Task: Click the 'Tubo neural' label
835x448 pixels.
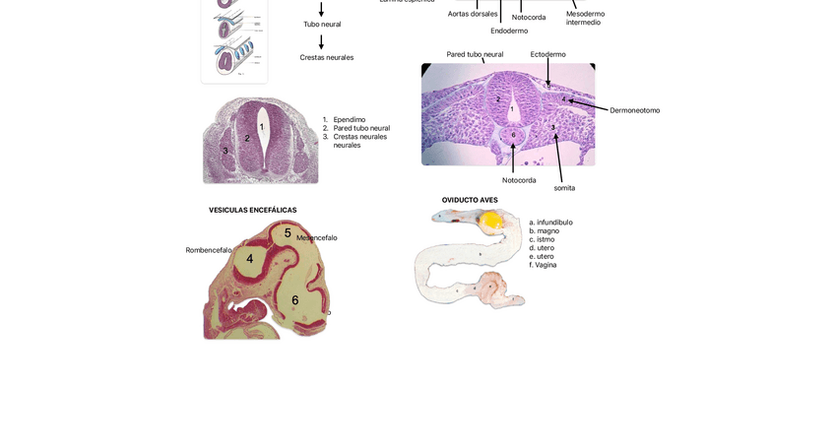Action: (x=322, y=24)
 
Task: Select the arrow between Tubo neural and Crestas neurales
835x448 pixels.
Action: (x=321, y=41)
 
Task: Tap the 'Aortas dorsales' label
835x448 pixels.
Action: (x=473, y=14)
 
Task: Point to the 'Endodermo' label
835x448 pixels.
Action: (x=509, y=31)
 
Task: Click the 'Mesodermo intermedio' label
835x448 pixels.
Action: (x=585, y=18)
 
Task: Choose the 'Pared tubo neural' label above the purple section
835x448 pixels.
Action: (x=475, y=54)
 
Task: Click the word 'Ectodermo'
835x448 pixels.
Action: (x=547, y=54)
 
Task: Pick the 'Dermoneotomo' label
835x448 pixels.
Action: (x=634, y=110)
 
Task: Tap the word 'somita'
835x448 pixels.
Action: (x=564, y=187)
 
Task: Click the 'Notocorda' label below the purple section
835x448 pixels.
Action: (x=519, y=180)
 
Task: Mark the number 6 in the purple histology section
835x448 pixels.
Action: (x=513, y=135)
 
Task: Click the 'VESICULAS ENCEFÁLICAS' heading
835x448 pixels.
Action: (x=252, y=210)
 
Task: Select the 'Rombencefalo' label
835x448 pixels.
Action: (x=209, y=250)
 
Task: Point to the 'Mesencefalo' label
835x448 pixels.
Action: (x=317, y=237)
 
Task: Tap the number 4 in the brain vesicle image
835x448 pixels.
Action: (x=250, y=259)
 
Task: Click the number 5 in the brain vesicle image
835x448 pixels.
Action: (x=288, y=233)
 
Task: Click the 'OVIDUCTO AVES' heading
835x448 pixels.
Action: (x=470, y=200)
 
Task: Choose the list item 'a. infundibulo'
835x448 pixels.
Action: (x=550, y=223)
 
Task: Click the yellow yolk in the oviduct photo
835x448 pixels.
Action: (x=492, y=222)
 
